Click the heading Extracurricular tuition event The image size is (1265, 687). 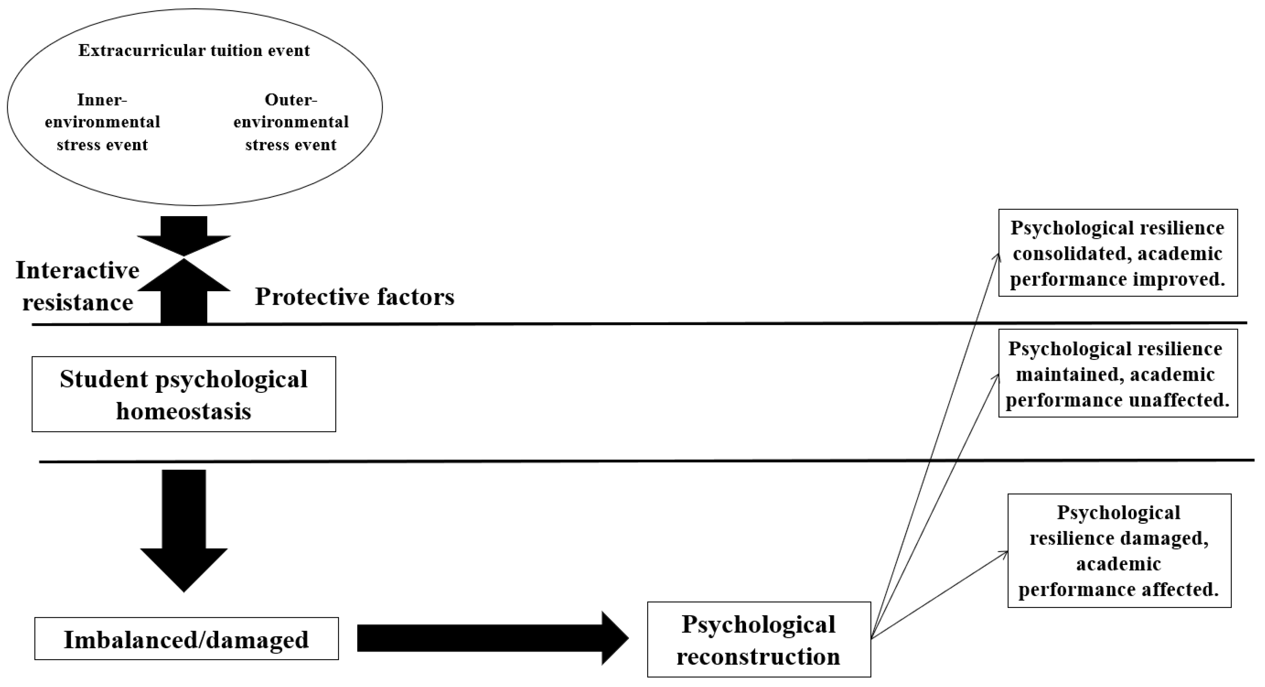[194, 51]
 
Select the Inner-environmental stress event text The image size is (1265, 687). [102, 122]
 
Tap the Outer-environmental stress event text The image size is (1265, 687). [291, 122]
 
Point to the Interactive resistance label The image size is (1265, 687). [78, 286]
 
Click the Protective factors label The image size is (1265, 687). [354, 297]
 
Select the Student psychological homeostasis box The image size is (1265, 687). [184, 394]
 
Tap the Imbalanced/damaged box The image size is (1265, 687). [186, 639]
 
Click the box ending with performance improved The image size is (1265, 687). [1118, 253]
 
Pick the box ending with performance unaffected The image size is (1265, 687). [1118, 374]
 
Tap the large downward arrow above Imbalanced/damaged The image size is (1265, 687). [184, 531]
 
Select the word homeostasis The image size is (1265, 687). [184, 411]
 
